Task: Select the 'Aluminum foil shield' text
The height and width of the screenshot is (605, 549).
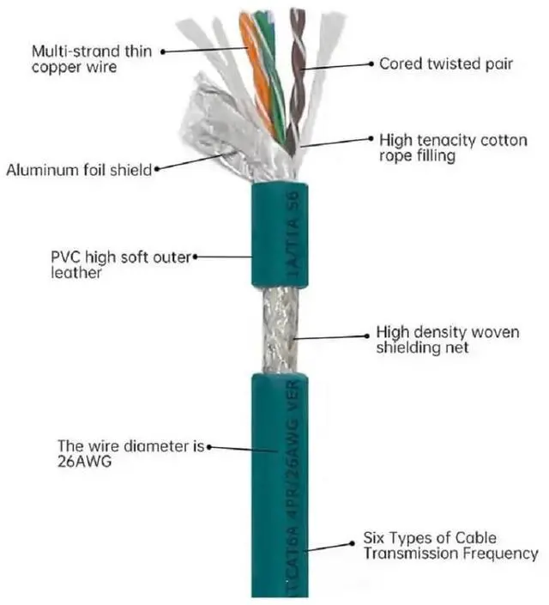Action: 78,170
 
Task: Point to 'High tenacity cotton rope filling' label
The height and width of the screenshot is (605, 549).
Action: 452,147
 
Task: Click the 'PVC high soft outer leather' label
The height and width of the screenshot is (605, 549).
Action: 121,264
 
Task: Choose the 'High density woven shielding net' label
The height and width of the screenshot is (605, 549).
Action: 447,340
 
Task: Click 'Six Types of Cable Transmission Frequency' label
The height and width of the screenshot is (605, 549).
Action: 449,547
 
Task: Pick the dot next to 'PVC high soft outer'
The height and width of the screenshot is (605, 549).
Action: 196,256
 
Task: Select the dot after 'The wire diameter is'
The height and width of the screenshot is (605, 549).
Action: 209,446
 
